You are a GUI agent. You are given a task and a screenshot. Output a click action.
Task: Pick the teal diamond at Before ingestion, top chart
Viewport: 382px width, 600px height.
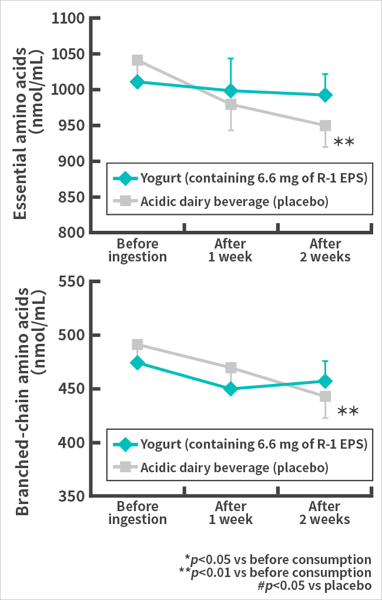point(138,81)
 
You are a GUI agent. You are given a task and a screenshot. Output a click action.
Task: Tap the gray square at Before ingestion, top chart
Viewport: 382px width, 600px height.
point(138,60)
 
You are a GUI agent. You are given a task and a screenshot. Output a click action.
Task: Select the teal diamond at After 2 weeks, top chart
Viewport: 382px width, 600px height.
point(325,95)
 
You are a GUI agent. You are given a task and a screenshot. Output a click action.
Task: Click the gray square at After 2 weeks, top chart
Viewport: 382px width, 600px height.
point(325,125)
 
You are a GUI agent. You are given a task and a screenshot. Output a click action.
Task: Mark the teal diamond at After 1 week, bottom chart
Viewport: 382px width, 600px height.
point(231,389)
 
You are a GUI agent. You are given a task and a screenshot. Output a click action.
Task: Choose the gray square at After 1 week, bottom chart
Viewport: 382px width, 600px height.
point(231,368)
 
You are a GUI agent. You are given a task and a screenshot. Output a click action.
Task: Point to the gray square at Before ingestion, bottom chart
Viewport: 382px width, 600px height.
point(138,344)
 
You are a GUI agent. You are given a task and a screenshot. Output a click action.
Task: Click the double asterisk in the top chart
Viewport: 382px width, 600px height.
point(343,142)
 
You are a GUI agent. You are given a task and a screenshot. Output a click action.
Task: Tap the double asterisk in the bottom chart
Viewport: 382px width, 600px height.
point(347,412)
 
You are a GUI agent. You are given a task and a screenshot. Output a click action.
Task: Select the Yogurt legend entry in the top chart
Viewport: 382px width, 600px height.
point(241,178)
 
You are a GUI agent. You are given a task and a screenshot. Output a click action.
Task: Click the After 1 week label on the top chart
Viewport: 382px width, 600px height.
point(230,250)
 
